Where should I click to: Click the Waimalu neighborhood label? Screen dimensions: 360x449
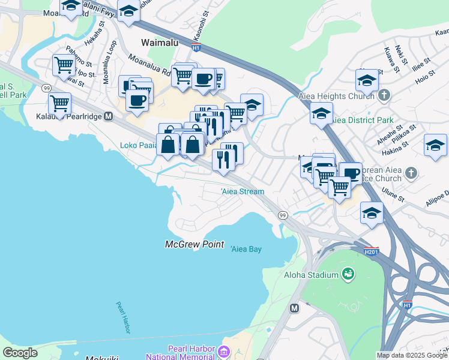[161, 43]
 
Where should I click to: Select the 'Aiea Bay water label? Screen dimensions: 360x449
[246, 249]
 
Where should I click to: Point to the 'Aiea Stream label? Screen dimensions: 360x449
[243, 191]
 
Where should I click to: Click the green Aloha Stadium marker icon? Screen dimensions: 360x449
[348, 274]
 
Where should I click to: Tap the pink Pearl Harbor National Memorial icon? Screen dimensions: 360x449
[224, 351]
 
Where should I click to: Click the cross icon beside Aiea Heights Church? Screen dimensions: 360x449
[385, 96]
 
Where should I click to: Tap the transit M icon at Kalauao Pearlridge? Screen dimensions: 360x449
[109, 116]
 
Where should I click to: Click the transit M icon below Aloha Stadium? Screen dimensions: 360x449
[294, 308]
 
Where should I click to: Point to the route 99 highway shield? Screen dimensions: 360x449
[282, 214]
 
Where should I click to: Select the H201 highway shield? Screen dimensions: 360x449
[371, 252]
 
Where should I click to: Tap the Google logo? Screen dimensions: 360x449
[20, 353]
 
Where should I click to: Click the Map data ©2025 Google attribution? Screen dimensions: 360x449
[411, 355]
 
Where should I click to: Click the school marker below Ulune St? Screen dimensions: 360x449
[372, 213]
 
